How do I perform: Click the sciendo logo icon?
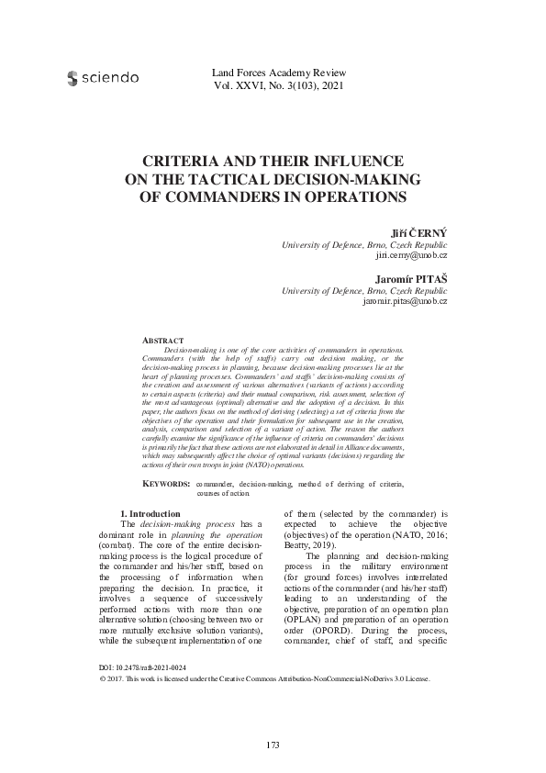pyautogui.click(x=72, y=79)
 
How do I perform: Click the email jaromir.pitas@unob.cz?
pyautogui.click(x=405, y=301)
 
